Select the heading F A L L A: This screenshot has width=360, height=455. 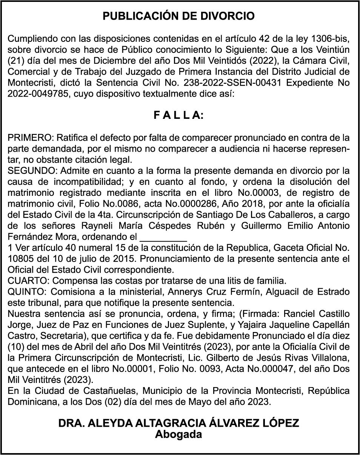click(x=178, y=115)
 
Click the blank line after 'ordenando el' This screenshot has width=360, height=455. click(x=163, y=238)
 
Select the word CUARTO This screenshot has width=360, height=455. click(x=25, y=281)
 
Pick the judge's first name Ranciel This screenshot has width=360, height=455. click(x=301, y=314)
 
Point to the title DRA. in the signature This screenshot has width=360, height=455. click(x=71, y=423)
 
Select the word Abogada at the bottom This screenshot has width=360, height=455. click(x=178, y=434)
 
